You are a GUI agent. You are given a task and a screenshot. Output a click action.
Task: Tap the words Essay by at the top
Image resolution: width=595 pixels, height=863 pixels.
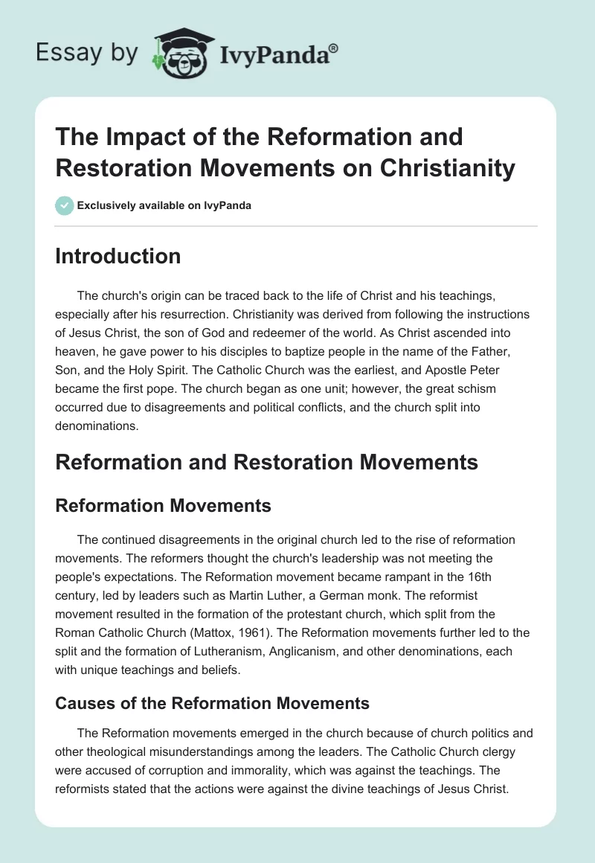(86, 54)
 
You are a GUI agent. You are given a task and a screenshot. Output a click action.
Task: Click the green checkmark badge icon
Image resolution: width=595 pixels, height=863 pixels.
(64, 205)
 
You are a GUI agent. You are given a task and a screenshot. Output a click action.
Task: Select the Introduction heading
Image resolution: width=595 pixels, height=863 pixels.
(118, 257)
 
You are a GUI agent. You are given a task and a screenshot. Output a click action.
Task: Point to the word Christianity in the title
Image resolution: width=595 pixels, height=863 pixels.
(447, 168)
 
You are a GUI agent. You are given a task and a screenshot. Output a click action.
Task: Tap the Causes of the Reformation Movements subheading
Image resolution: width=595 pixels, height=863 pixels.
(213, 702)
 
